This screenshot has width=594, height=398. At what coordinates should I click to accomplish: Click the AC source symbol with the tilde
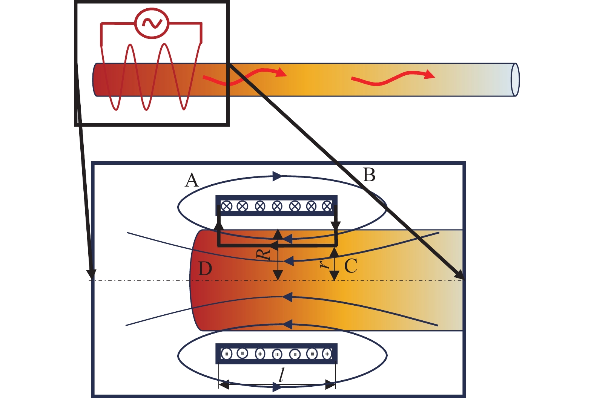(152, 23)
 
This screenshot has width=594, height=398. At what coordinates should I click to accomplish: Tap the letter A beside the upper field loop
(192, 180)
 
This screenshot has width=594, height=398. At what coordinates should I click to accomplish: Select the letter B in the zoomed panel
(369, 175)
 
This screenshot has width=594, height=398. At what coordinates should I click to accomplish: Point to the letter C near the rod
(351, 265)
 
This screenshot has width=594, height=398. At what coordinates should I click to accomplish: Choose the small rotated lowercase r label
(324, 264)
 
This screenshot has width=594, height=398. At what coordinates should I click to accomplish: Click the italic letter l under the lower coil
(281, 375)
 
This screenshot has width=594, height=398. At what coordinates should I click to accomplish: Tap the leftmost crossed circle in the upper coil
(227, 206)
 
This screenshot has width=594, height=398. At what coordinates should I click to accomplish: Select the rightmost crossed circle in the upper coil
(327, 206)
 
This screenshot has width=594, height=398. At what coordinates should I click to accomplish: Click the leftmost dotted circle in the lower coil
(227, 354)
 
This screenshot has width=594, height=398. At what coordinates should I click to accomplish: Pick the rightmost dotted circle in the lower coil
(327, 354)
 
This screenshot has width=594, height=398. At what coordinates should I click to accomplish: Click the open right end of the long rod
(515, 80)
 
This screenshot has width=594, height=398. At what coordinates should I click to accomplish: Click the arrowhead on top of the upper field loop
(277, 176)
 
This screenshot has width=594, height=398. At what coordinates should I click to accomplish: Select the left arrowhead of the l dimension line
(224, 384)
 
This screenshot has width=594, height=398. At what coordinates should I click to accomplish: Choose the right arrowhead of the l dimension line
(330, 384)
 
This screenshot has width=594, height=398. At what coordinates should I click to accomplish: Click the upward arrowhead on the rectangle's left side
(219, 226)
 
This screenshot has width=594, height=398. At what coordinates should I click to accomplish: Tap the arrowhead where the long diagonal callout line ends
(460, 274)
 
